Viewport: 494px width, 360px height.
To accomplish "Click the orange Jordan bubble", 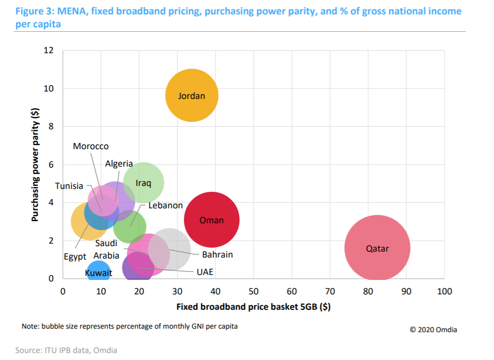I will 191,95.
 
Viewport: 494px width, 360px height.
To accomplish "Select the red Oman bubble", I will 211,220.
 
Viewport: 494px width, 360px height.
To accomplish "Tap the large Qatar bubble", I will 377,248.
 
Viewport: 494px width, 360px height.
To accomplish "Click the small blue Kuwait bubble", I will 98,272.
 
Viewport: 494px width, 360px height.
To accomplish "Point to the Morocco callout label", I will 90,146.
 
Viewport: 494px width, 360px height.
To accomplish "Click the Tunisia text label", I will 69,186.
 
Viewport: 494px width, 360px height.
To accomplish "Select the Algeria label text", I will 119,164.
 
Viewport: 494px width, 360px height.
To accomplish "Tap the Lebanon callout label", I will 165,205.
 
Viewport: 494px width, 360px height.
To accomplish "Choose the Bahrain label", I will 217,255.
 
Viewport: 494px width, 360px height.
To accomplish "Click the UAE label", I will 205,272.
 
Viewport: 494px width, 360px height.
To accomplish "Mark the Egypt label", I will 75,257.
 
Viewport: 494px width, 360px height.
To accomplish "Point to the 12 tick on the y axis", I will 49,50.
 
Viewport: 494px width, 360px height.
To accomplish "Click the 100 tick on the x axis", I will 444,291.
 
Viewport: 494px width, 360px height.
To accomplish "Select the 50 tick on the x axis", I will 253,291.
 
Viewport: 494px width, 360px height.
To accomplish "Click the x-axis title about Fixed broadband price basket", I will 253,306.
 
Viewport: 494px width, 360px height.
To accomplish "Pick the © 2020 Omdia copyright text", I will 433,330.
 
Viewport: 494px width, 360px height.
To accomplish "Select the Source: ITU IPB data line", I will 66,351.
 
